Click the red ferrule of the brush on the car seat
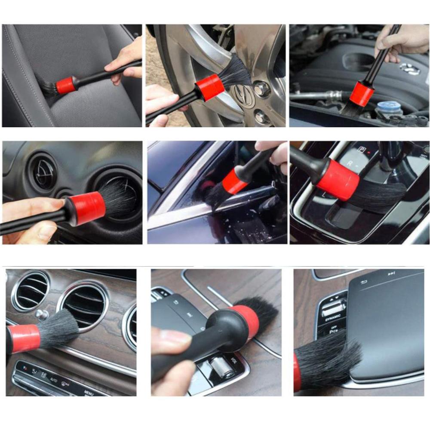(x=66, y=85)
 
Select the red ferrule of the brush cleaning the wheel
(x=210, y=87)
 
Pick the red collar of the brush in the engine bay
(x=361, y=95)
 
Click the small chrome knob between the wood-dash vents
(x=41, y=315)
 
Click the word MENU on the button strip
(x=89, y=393)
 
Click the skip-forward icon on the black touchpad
(x=391, y=273)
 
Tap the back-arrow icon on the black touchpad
(x=364, y=282)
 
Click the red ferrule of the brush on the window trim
(x=235, y=181)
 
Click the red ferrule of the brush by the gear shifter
(x=337, y=179)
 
